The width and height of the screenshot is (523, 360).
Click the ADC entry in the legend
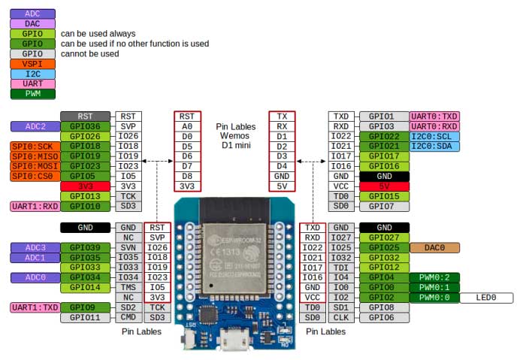point(32,14)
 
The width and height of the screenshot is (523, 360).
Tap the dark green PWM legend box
point(32,94)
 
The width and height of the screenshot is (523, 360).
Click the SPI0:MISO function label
point(32,156)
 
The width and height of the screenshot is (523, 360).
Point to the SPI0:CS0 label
point(32,177)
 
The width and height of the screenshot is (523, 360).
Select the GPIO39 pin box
point(85,248)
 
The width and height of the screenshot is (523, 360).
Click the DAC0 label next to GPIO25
point(434,247)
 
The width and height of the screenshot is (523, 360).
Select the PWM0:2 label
point(434,277)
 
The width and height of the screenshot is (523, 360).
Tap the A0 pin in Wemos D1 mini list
point(186,126)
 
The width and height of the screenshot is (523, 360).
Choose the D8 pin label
point(186,176)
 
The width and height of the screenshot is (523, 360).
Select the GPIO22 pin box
point(384,136)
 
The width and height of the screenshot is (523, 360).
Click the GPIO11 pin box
point(85,318)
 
